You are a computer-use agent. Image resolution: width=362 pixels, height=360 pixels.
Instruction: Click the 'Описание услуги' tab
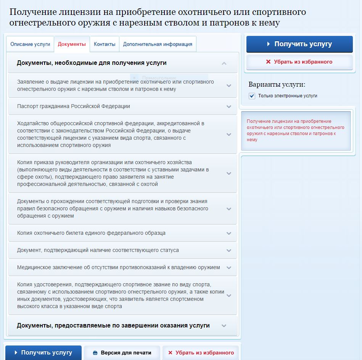coord(30,44)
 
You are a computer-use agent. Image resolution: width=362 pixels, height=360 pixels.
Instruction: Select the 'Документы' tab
coord(72,44)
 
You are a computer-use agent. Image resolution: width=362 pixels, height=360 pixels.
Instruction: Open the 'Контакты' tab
coord(105,44)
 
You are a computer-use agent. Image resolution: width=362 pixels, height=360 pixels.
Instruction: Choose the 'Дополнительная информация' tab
coord(158,44)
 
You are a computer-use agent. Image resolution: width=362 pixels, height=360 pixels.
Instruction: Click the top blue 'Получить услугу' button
coord(299,44)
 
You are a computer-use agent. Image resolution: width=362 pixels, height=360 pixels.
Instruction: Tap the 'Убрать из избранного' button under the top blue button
coord(299,62)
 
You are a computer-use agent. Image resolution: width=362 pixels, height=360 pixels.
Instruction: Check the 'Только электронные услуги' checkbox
coord(252,96)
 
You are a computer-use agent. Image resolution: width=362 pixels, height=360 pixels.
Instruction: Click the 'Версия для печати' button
coord(122,353)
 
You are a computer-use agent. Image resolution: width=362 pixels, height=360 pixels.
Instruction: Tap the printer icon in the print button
coord(95,353)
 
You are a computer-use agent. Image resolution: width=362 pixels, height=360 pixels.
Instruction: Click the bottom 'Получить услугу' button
coord(43,353)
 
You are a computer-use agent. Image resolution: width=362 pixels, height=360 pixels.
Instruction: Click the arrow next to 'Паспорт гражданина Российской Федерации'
coord(229,107)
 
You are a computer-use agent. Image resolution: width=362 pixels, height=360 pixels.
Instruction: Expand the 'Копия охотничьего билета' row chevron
coord(229,233)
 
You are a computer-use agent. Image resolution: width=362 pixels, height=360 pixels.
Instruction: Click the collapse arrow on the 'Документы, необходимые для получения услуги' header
coord(224,63)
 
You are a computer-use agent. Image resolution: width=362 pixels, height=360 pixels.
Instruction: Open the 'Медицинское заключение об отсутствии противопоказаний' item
coord(118,268)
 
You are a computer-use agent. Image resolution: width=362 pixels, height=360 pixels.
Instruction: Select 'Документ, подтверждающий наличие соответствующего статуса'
coord(98,250)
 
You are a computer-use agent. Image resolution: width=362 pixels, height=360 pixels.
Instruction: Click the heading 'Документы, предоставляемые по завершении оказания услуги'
coord(113,326)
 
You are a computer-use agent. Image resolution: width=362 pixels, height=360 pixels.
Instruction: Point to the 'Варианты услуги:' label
coord(277,85)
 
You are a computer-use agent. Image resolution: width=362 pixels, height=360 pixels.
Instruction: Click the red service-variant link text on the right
coord(295,131)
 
